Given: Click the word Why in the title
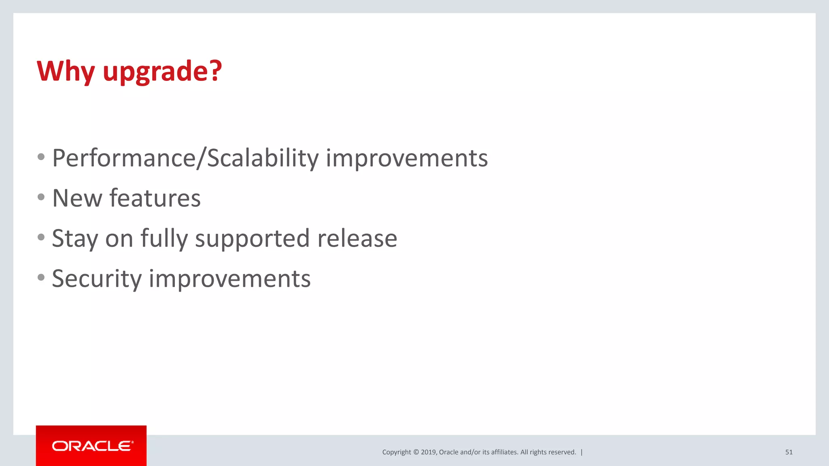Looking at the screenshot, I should (66, 71).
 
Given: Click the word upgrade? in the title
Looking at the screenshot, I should (162, 71).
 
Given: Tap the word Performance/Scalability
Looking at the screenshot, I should (185, 158).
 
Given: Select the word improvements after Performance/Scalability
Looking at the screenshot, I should (407, 158).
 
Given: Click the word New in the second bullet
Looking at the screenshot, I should (77, 198).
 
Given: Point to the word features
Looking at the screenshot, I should (155, 198).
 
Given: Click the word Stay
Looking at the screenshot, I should (75, 239).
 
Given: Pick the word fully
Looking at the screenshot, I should (164, 239).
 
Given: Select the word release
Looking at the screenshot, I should (357, 239).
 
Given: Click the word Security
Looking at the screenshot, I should (97, 279).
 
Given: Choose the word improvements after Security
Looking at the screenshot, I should (230, 279).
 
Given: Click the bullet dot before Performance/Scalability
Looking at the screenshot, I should (41, 157).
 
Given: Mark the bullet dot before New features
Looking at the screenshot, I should (41, 197).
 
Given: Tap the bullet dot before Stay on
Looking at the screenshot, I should (41, 237).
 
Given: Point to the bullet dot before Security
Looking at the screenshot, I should (41, 277).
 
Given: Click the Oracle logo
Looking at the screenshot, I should (91, 446).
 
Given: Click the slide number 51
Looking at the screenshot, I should (789, 452).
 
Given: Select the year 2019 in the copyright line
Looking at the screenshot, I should (428, 452).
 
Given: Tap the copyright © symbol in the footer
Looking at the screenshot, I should (416, 452).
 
